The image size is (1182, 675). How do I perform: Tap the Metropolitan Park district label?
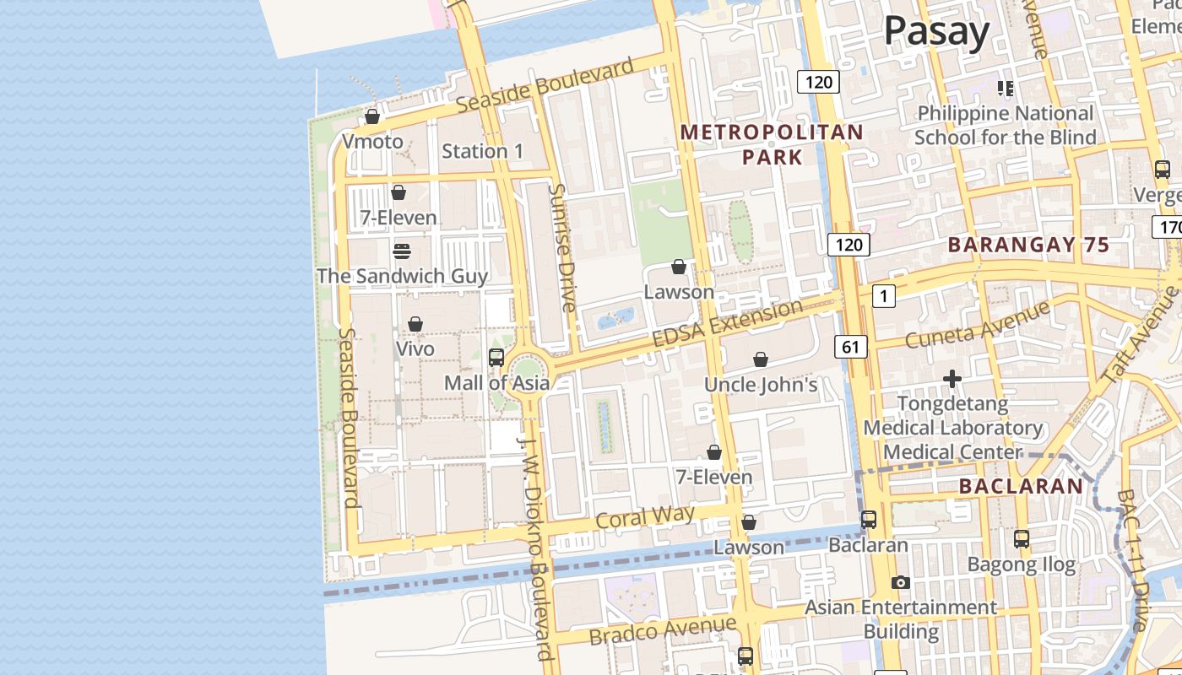772,144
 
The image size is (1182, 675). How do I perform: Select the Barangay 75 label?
1027,246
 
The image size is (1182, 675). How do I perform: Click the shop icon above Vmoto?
371,116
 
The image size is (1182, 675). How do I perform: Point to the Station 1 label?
482,152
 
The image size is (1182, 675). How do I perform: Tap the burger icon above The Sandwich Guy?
402,251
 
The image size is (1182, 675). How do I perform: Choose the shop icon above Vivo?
415,324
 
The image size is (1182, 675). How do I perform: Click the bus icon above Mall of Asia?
496,357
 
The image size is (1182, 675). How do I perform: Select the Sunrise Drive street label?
561,248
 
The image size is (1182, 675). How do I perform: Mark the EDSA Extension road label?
727,322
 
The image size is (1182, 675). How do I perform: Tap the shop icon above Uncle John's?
761,359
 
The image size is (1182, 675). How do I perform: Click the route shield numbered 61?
850,346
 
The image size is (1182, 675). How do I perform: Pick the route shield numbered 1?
884,296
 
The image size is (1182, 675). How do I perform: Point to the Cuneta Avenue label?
977,324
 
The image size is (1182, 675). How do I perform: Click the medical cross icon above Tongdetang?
952,379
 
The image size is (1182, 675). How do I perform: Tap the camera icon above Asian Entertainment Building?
901,582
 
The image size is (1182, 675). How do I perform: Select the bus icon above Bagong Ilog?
1022,538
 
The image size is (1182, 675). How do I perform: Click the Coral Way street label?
645,517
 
